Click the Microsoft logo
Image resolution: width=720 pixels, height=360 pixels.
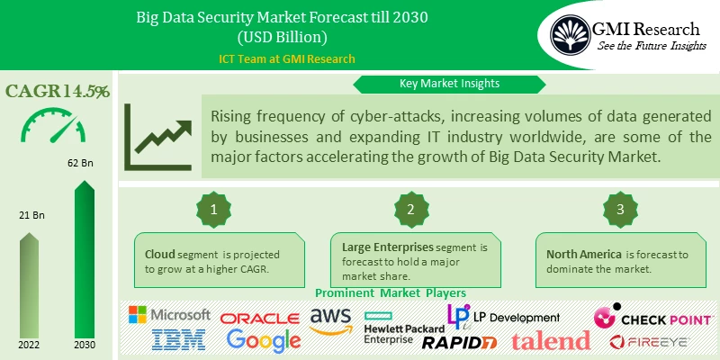pos(169,315)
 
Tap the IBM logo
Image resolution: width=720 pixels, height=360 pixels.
pos(179,339)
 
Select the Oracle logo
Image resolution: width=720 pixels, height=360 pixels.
pos(260,318)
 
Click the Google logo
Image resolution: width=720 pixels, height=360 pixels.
pos(264,340)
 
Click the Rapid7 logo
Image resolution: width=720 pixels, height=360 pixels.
pos(459,341)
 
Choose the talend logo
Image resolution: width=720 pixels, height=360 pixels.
pos(551,340)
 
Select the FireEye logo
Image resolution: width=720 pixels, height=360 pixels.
pos(650,341)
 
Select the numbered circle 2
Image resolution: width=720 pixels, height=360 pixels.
pos(410,210)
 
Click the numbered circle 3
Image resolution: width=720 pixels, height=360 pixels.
pos(619,210)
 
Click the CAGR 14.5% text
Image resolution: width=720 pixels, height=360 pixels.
pos(58,91)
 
